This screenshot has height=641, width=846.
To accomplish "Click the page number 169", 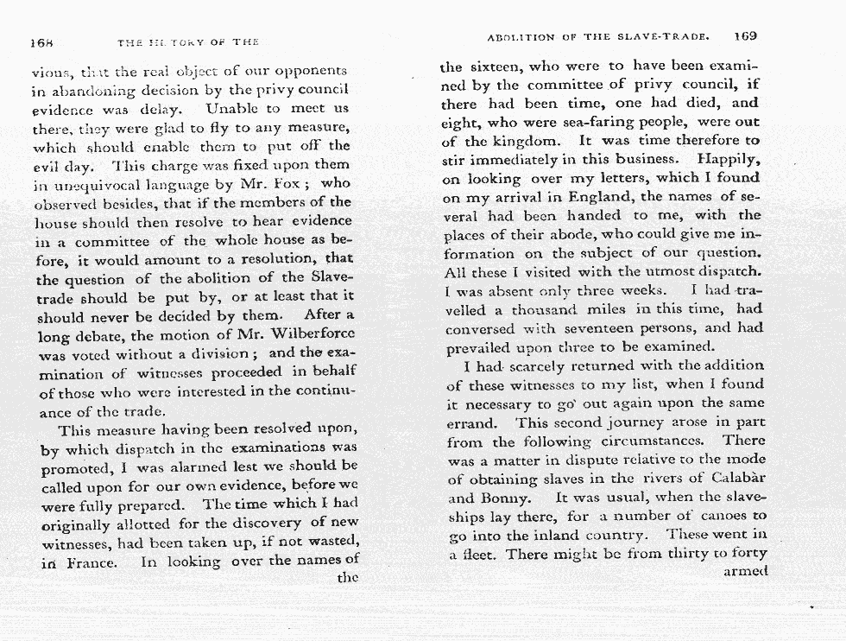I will click(x=745, y=36).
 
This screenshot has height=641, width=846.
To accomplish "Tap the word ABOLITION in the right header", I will click(x=522, y=37).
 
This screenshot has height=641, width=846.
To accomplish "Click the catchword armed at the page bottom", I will click(x=743, y=572).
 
